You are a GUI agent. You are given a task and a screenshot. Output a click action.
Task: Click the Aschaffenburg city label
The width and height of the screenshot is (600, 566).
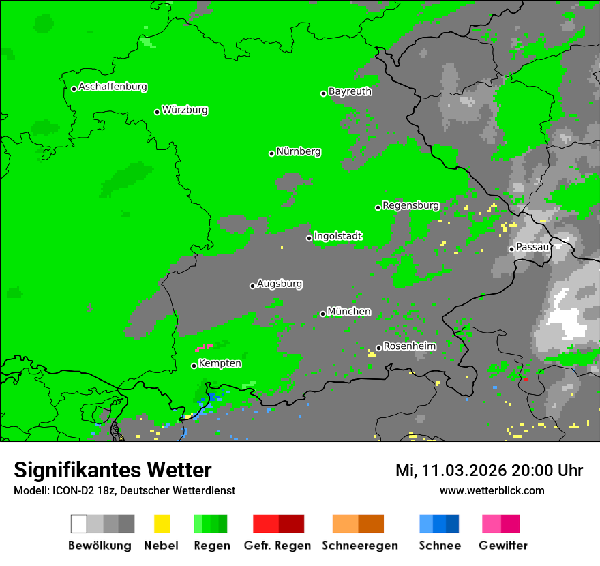112,87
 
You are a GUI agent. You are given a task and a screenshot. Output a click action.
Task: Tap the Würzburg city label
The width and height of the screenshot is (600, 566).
185,110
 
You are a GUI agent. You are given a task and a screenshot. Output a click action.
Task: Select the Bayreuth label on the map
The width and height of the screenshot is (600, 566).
350,91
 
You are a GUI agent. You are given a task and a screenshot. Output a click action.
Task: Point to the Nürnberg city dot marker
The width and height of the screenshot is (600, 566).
271,153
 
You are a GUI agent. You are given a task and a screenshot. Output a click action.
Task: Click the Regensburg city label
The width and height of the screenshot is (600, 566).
410,205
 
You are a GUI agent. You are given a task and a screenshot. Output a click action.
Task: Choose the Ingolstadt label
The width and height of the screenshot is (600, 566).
337,236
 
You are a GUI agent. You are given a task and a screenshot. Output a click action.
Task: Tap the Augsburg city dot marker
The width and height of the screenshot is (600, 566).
252,286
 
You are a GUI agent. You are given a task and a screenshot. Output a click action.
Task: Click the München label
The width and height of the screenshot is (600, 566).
349,312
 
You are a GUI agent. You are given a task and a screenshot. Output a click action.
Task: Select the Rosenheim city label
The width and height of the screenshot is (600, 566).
409,346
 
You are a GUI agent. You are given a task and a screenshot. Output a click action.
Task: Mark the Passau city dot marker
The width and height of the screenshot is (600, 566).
511,249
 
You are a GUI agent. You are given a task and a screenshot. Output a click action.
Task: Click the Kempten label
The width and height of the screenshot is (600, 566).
220,363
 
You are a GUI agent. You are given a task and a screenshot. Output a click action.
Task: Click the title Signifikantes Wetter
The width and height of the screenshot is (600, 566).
112,471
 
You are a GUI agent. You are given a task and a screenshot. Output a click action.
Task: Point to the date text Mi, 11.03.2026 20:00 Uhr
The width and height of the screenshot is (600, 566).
489,471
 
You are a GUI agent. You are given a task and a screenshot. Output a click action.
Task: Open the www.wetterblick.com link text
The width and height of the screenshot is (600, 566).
492,490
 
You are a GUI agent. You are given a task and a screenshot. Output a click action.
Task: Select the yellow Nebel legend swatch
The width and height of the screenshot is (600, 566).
162,524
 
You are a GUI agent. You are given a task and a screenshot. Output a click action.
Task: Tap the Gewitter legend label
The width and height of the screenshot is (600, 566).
503,546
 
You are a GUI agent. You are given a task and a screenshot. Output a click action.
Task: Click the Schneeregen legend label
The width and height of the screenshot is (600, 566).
360,546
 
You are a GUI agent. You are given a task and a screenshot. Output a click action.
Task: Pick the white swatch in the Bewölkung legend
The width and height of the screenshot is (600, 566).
78,524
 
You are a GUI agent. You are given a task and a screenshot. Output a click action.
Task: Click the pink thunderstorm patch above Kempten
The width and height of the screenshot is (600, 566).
204,348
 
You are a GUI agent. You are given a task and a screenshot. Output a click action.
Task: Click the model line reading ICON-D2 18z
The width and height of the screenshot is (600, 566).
124,490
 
